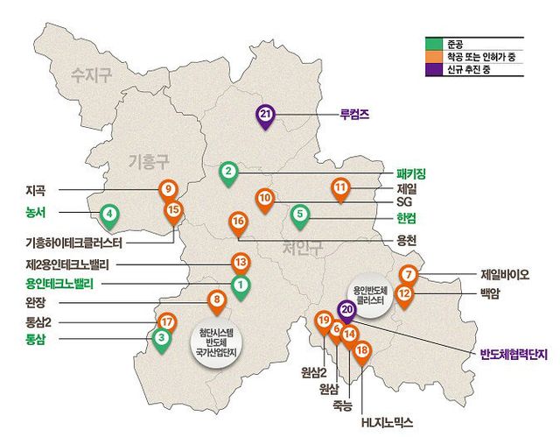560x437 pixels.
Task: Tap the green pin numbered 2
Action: click(227, 172)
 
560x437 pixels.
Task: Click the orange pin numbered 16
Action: click(238, 222)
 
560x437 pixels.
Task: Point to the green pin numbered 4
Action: click(108, 213)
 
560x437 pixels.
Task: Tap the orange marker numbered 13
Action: click(240, 261)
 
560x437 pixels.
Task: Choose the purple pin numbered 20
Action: click(346, 309)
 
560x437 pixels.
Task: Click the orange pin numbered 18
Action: click(362, 351)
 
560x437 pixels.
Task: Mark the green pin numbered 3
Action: click(161, 337)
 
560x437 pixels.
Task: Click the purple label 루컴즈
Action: click(354, 114)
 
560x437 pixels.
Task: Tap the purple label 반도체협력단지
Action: click(513, 354)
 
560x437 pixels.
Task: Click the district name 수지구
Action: click(93, 75)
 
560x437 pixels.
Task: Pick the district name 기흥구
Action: click(149, 162)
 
